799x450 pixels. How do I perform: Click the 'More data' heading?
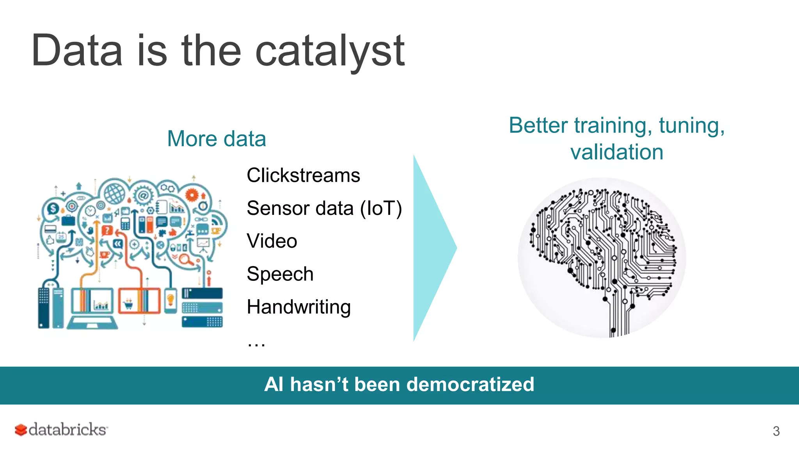click(x=217, y=139)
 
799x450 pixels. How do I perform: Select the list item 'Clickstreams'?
click(x=303, y=175)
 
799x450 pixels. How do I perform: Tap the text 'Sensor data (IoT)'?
click(x=324, y=208)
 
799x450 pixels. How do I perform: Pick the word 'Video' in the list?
click(x=272, y=241)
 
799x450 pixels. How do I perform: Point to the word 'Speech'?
click(x=280, y=274)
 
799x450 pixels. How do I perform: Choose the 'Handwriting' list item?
click(x=298, y=307)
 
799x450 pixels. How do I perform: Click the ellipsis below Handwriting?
click(x=256, y=344)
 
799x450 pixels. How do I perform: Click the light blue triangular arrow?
click(x=431, y=248)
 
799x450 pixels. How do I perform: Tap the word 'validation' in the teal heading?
click(x=616, y=152)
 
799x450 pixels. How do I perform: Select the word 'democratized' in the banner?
click(x=470, y=384)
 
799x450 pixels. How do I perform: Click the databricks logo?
click(x=61, y=429)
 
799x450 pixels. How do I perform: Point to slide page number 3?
click(x=776, y=431)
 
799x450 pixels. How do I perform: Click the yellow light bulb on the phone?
click(x=170, y=300)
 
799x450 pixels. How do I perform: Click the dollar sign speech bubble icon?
click(x=53, y=209)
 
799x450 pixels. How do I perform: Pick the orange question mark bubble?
click(x=107, y=230)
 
